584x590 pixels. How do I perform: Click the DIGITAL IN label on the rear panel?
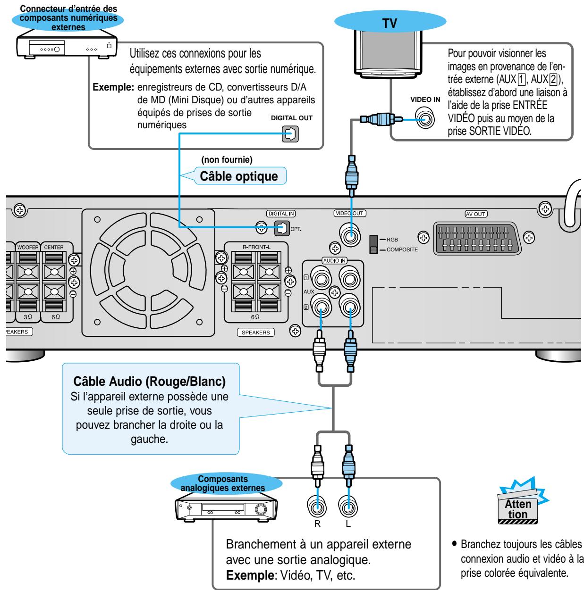281,214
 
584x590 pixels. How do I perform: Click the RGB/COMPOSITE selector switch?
374,244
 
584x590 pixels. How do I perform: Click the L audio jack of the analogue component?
348,506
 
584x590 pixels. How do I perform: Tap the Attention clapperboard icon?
518,508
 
